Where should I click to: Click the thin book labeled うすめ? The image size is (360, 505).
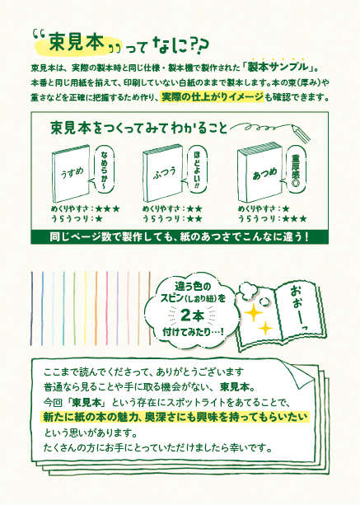click(x=71, y=173)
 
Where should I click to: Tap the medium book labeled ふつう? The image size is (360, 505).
click(x=163, y=173)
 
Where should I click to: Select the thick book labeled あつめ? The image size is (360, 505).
click(x=259, y=173)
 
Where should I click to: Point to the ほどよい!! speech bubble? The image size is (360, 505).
click(x=195, y=171)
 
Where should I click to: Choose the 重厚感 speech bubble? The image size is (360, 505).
click(x=293, y=170)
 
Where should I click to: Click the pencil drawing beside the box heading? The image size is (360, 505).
click(x=301, y=133)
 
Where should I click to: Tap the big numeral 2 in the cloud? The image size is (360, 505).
click(x=186, y=316)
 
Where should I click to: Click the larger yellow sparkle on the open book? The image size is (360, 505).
click(x=254, y=313)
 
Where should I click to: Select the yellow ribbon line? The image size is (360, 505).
click(x=86, y=309)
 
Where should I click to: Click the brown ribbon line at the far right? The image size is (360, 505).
click(x=150, y=309)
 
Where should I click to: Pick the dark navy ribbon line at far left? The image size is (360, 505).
click(x=31, y=309)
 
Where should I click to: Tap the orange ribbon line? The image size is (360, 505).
click(x=96, y=309)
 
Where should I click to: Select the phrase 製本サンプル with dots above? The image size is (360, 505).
click(x=278, y=67)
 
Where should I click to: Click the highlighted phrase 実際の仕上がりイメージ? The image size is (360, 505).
click(x=213, y=97)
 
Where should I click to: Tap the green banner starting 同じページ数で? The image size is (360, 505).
click(x=180, y=237)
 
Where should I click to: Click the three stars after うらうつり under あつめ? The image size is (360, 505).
click(x=294, y=219)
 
